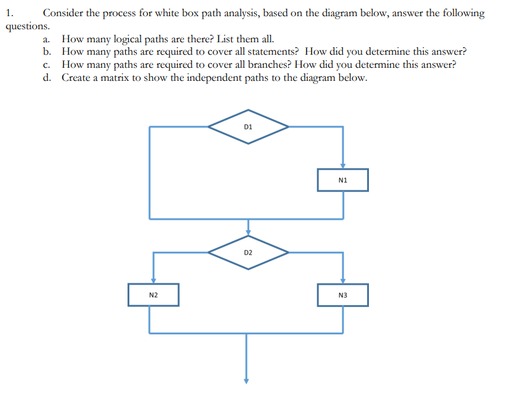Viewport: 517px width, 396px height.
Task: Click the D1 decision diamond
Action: pyautogui.click(x=248, y=127)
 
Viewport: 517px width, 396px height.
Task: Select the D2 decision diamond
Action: pyautogui.click(x=248, y=252)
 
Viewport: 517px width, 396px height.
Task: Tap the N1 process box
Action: pyautogui.click(x=342, y=180)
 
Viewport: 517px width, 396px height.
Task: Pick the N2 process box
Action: pyautogui.click(x=153, y=295)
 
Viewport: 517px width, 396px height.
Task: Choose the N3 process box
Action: pyautogui.click(x=342, y=295)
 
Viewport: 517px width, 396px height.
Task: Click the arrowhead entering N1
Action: pyautogui.click(x=342, y=166)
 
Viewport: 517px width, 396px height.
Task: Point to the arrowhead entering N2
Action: pyautogui.click(x=153, y=280)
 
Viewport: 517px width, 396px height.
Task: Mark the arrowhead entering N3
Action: pyautogui.click(x=342, y=280)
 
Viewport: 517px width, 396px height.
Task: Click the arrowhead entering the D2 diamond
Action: pyautogui.click(x=248, y=233)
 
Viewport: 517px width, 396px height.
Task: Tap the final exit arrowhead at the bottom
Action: pyautogui.click(x=246, y=380)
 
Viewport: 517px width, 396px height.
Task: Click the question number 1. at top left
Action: pyautogui.click(x=9, y=14)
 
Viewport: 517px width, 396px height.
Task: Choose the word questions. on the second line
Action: pyautogui.click(x=26, y=27)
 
